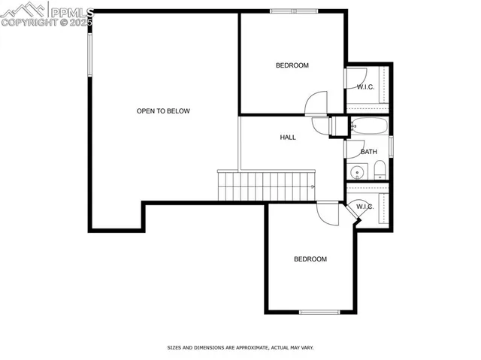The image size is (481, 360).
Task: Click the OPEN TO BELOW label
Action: pyautogui.click(x=163, y=111)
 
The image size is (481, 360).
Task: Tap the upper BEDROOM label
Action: pyautogui.click(x=292, y=65)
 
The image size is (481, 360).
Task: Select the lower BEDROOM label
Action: pyautogui.click(x=310, y=259)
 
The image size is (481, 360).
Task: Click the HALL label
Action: pyautogui.click(x=288, y=138)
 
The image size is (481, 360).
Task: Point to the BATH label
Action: pyautogui.click(x=368, y=152)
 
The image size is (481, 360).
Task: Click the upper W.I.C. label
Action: pyautogui.click(x=366, y=86)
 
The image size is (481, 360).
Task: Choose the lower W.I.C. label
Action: pyautogui.click(x=365, y=207)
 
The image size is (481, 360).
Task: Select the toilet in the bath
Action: pyautogui.click(x=380, y=168)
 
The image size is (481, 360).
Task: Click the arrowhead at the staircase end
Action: pyautogui.click(x=312, y=185)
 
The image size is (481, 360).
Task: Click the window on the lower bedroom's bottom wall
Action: pyautogui.click(x=320, y=312)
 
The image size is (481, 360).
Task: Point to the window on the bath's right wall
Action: pyautogui.click(x=391, y=146)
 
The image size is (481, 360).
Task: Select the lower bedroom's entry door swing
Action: pyautogui.click(x=328, y=213)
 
